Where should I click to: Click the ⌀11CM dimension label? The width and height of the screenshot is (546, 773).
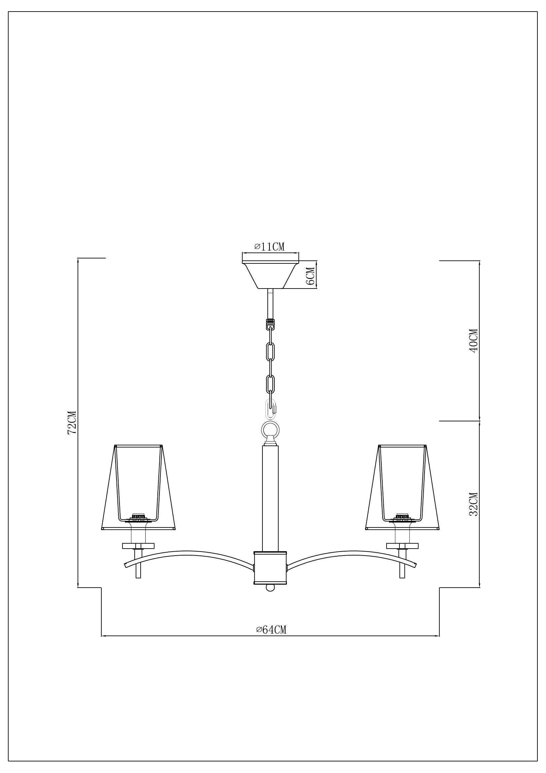point(269,247)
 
